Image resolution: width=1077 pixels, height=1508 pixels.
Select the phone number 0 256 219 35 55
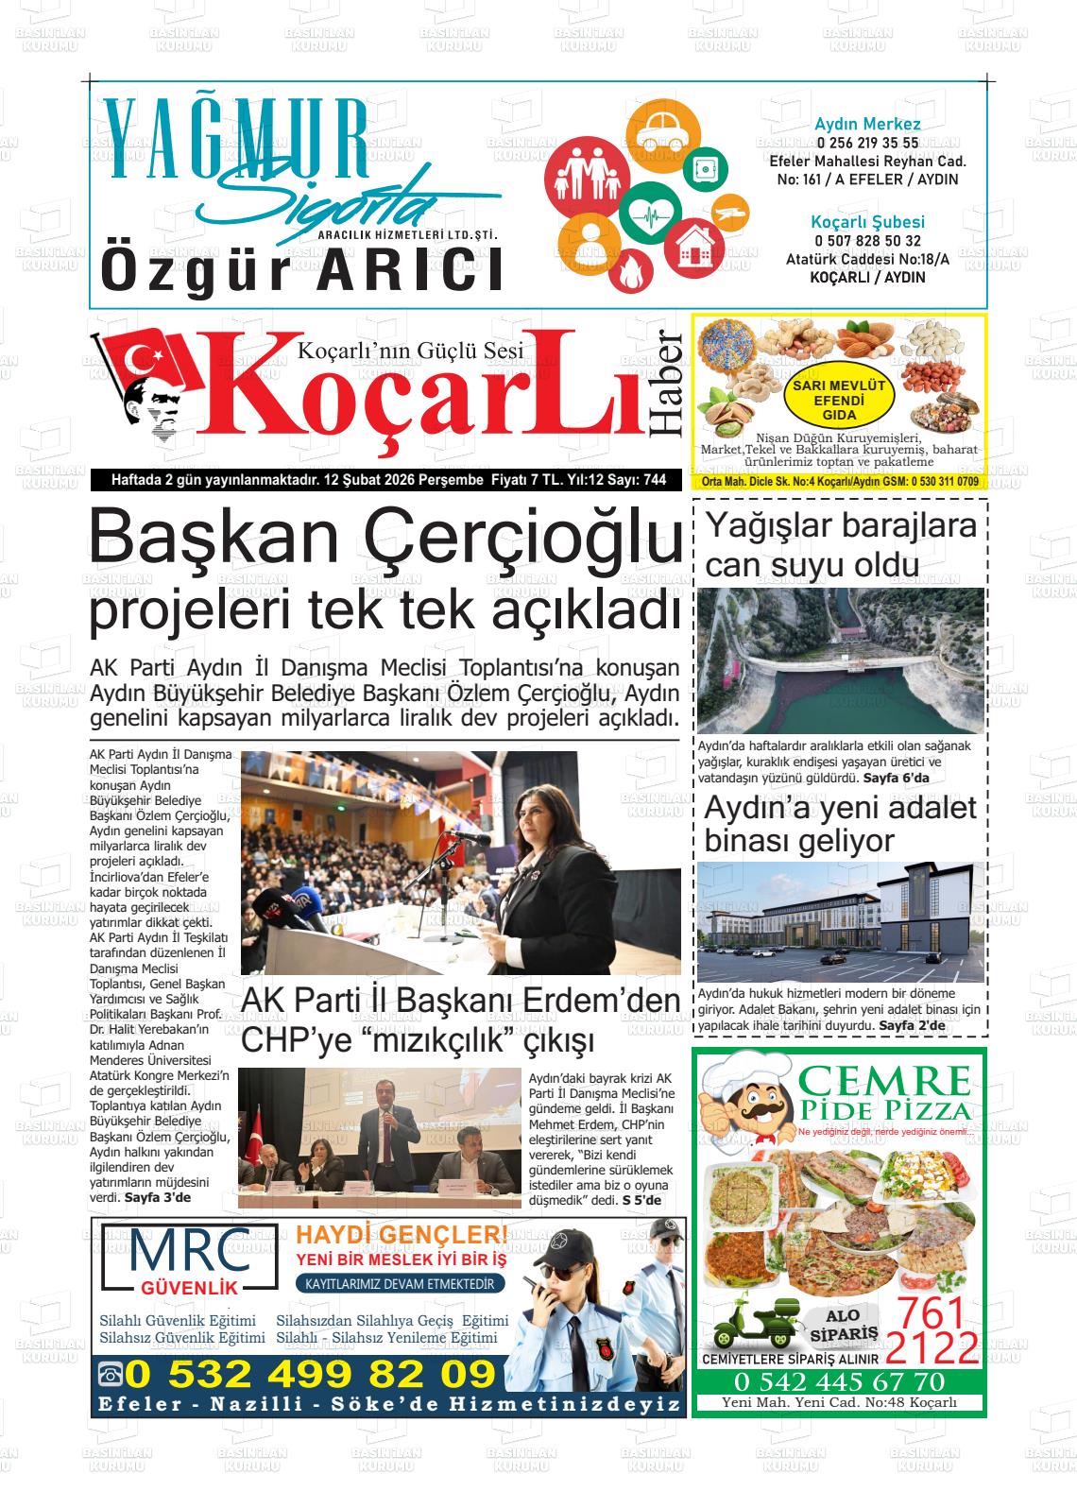[867, 143]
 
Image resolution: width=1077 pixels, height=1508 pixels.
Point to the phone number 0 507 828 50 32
[867, 241]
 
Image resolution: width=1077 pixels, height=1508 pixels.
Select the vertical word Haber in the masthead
[668, 384]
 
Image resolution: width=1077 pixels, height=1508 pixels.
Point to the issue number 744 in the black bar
[654, 480]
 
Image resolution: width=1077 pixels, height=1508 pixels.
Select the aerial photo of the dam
[840, 660]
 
